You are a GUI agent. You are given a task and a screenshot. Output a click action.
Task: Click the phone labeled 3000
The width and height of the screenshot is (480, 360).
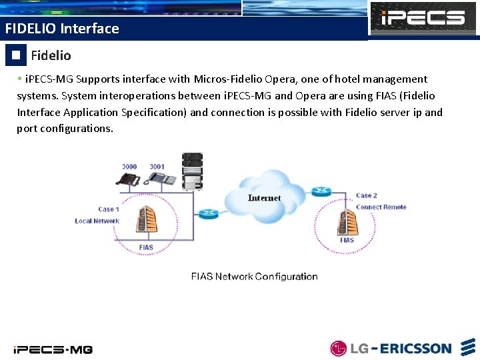(129, 179)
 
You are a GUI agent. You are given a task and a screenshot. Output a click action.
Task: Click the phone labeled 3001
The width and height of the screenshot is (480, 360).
(161, 178)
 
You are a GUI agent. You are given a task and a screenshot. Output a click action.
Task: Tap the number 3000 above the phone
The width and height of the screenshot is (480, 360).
(129, 166)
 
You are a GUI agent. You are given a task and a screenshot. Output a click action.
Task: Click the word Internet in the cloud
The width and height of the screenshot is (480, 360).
(264, 198)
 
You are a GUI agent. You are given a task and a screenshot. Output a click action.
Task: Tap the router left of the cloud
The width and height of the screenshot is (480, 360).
(208, 214)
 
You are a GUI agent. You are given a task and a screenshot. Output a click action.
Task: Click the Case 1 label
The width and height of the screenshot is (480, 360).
(109, 209)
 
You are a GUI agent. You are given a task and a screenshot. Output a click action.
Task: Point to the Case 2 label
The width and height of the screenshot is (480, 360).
(367, 195)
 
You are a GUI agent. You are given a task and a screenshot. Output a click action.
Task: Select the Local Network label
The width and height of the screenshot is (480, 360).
(97, 221)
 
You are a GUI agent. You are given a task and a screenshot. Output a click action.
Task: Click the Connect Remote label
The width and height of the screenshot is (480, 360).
(381, 207)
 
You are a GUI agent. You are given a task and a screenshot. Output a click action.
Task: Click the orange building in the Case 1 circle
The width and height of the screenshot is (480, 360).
(147, 223)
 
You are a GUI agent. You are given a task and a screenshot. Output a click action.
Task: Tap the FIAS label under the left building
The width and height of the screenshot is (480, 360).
(146, 248)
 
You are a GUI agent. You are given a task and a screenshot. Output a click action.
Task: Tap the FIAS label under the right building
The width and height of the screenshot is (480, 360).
(347, 240)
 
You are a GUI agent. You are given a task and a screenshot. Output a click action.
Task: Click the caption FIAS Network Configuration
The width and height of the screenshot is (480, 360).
(254, 277)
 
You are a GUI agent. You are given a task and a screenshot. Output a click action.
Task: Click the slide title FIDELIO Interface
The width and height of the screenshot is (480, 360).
(61, 29)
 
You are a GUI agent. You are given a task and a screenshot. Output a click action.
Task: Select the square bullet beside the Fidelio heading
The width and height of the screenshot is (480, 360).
(16, 55)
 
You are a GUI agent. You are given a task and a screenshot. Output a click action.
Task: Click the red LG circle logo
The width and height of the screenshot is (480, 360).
(339, 348)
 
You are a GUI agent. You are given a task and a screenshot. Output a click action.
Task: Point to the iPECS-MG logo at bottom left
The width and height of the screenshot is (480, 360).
(53, 349)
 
